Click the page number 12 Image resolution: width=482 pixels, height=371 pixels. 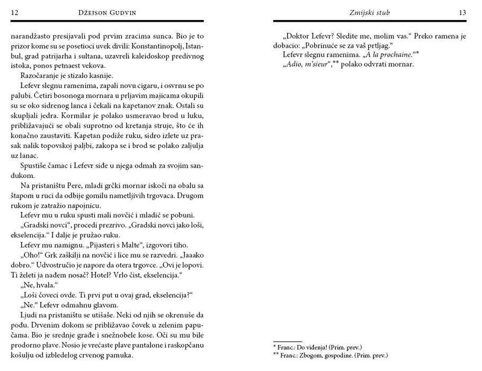point(15,12)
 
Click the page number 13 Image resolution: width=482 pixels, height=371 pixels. point(462,12)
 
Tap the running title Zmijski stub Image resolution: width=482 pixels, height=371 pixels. point(370,12)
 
